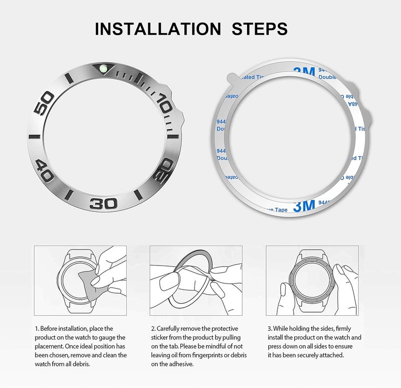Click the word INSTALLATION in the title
tap(157, 29)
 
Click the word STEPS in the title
tap(259, 29)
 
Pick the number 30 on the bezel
tap(104, 203)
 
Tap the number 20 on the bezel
tap(163, 171)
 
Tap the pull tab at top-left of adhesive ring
tap(229, 78)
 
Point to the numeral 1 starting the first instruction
tap(36, 329)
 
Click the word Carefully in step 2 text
tap(171, 329)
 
